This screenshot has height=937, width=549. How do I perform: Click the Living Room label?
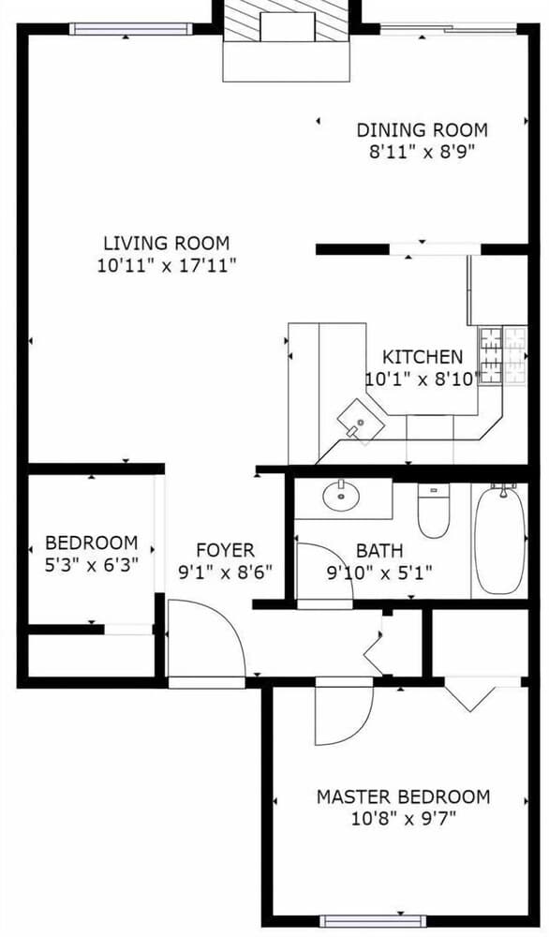point(167,244)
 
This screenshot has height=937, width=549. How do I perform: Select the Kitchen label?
point(423,357)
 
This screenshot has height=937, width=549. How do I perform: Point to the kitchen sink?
point(360,421)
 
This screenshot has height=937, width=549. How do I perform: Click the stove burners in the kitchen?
point(503,355)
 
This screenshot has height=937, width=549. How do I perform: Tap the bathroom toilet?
point(434,511)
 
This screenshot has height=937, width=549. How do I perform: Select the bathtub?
point(500,541)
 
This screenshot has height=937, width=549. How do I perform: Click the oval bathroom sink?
point(341,496)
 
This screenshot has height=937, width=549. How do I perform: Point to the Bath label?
point(379,550)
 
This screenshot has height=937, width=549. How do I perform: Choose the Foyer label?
point(225,550)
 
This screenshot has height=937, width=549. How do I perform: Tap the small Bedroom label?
point(92,543)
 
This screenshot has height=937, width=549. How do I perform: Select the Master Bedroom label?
point(403,797)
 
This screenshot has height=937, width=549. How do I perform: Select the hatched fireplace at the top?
point(286,21)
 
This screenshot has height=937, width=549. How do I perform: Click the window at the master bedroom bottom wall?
point(373,921)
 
